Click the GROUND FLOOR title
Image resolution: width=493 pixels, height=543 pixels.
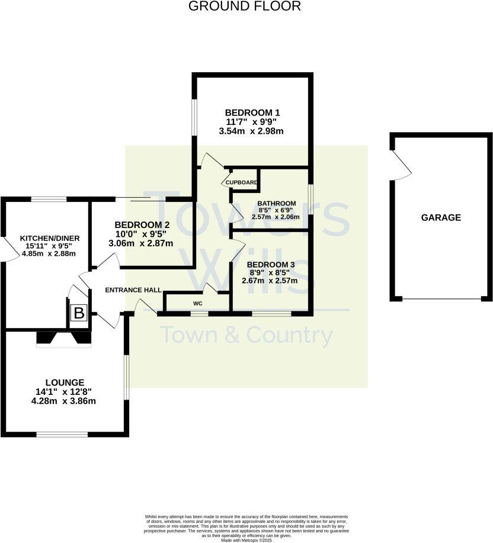click(245, 7)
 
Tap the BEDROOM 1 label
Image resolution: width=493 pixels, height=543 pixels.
click(252, 113)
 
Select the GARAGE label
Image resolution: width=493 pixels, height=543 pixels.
click(441, 217)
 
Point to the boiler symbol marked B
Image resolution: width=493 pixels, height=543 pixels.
click(79, 313)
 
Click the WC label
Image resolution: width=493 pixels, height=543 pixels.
click(197, 303)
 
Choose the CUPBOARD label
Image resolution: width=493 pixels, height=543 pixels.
click(241, 182)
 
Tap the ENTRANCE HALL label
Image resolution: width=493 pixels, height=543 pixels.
click(133, 290)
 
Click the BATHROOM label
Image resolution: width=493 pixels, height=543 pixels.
click(277, 204)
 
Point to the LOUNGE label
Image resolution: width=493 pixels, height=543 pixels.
click(65, 383)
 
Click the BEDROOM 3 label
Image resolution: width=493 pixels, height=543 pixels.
click(271, 265)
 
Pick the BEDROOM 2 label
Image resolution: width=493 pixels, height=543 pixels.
click(142, 225)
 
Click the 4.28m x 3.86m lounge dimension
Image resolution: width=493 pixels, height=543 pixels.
click(65, 401)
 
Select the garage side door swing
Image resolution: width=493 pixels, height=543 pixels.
click(402, 166)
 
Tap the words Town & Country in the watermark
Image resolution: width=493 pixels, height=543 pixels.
click(247, 336)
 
